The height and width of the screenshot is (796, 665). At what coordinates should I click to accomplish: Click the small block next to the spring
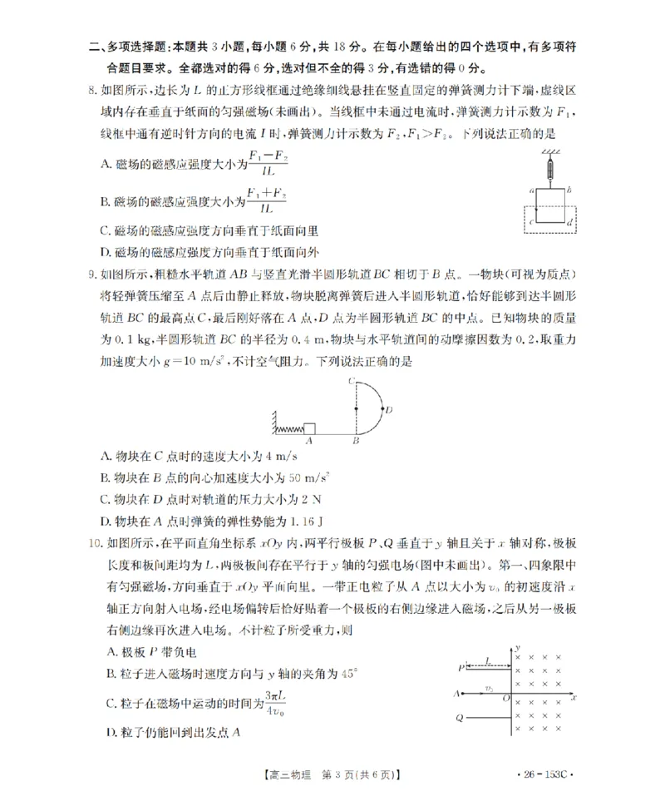(308, 428)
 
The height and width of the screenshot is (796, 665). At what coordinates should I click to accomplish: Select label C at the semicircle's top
(351, 381)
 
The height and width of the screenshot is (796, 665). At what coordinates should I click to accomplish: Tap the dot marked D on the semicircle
(382, 408)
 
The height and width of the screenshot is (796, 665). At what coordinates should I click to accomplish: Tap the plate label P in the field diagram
(459, 668)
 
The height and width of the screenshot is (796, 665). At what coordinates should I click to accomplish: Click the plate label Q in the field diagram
(459, 717)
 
